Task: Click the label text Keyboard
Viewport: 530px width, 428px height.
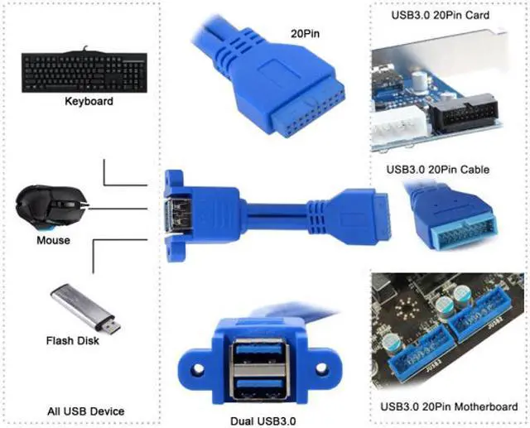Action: click(89, 102)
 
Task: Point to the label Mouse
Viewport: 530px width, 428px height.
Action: click(53, 240)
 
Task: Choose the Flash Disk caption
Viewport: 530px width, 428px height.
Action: click(74, 340)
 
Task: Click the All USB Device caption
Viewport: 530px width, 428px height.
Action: click(86, 411)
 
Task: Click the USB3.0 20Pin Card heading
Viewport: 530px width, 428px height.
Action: click(440, 15)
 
